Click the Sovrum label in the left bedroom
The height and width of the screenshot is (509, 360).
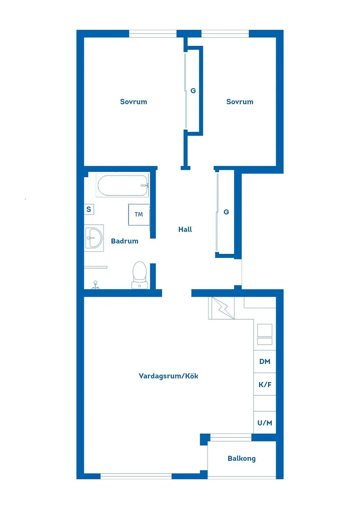tap(134, 102)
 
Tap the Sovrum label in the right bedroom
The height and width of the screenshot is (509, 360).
tap(240, 102)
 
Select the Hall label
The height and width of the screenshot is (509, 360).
tap(185, 229)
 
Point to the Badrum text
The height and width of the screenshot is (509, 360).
tap(124, 241)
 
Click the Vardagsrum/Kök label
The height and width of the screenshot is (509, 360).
tap(168, 376)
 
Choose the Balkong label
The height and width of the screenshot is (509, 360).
tap(241, 458)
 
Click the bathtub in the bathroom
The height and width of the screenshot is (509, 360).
tap(123, 186)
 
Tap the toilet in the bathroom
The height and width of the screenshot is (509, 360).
tap(140, 274)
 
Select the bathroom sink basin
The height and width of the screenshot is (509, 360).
tap(94, 238)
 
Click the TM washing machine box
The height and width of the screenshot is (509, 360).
tap(139, 214)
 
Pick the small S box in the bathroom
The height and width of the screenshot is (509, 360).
tap(89, 209)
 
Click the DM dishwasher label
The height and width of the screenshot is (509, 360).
tap(264, 362)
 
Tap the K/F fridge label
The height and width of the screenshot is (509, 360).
tap(264, 385)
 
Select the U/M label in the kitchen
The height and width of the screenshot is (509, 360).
tap(264, 423)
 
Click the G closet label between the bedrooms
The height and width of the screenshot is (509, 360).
tap(193, 91)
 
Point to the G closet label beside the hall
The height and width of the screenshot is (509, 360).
tap(226, 212)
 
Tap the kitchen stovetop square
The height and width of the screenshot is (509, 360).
tap(264, 330)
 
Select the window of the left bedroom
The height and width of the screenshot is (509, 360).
tap(153, 34)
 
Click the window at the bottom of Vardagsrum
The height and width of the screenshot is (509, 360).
tap(136, 476)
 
